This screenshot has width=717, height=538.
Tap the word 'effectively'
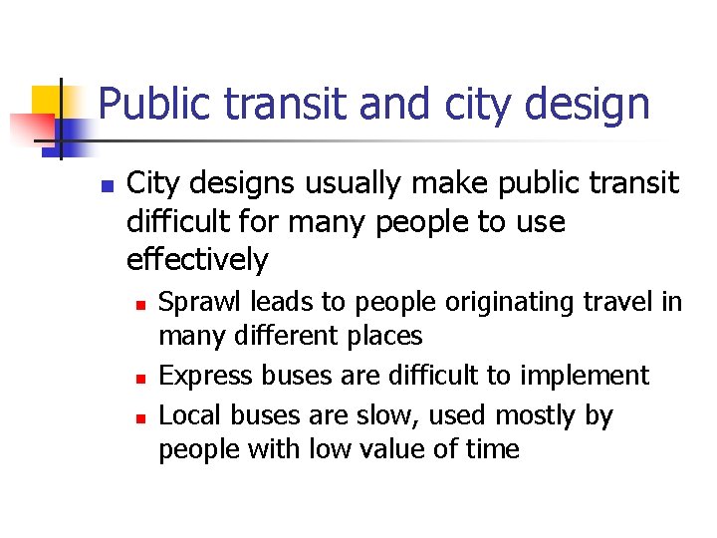[197, 260]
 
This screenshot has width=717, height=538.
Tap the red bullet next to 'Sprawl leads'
[142, 303]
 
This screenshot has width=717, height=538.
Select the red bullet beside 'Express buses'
[142, 378]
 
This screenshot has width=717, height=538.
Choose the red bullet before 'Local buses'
[142, 416]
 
